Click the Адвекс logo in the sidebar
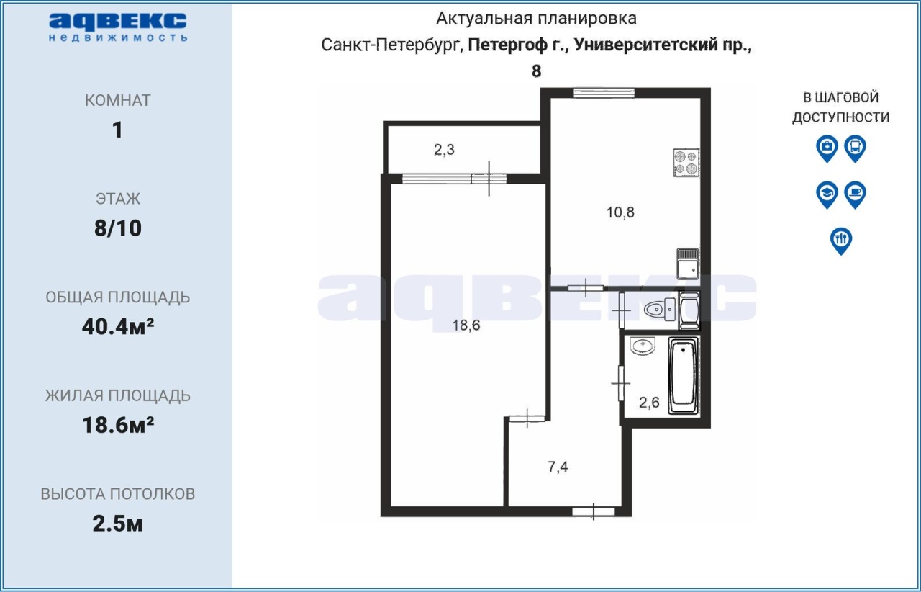117,27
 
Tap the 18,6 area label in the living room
466,326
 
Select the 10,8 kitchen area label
620,212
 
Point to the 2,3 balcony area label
444,150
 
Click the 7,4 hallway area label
558,467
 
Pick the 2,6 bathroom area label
649,402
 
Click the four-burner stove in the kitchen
686,163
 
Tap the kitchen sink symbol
687,264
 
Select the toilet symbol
660,309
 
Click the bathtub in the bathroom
684,375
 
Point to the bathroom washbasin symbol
643,346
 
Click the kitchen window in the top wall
604,94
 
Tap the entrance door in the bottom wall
594,512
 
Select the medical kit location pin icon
827,148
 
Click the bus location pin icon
856,148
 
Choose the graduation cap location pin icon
827,194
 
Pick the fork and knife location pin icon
841,241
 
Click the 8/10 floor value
118,228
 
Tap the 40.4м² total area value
118,326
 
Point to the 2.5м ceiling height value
118,524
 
